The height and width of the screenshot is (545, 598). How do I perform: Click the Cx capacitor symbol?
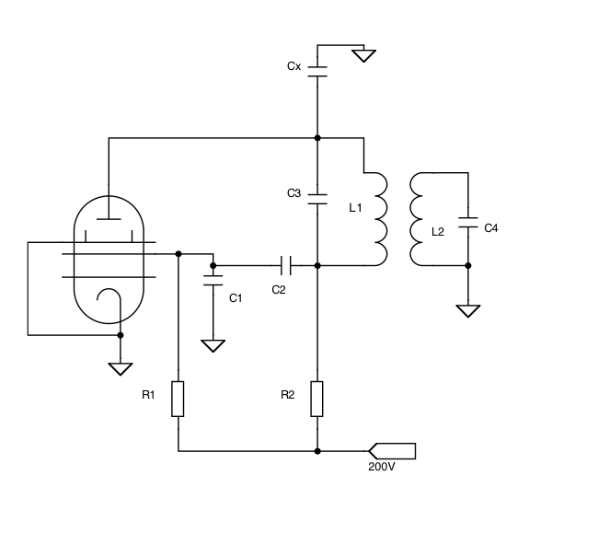[317, 70]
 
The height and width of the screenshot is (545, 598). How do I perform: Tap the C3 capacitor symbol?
[317, 197]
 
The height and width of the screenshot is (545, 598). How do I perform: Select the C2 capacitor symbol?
[284, 266]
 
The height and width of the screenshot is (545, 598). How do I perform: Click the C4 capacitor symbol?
[468, 225]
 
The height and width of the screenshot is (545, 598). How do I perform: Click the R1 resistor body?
[178, 399]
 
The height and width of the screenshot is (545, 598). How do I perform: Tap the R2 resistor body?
[317, 399]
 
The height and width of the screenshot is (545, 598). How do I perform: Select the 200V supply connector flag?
[393, 451]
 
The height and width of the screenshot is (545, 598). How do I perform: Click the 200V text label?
[381, 467]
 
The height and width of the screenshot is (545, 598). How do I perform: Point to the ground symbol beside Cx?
[364, 55]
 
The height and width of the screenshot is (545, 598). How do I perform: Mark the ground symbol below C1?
[213, 346]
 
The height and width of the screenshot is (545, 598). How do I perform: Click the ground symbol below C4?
[468, 310]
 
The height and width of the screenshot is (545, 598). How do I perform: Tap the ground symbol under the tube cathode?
[120, 368]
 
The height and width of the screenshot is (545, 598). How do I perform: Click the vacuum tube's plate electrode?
[109, 219]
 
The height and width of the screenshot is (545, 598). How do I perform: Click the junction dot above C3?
[317, 138]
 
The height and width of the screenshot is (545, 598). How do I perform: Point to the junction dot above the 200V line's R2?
[317, 451]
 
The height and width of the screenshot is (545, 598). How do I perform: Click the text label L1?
[356, 208]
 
